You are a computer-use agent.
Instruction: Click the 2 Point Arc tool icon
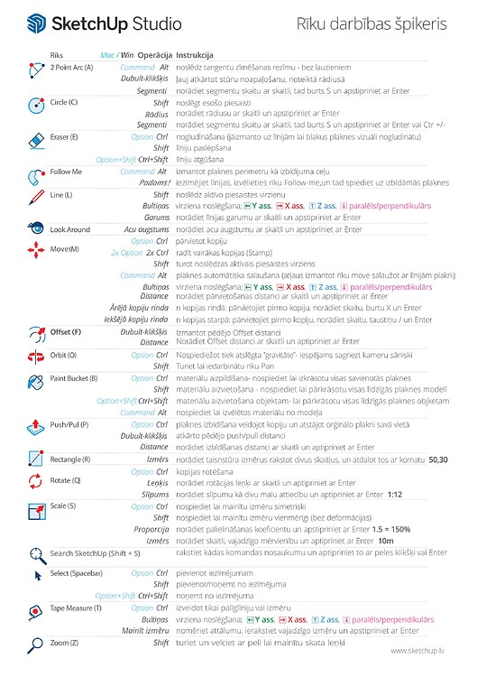point(36,71)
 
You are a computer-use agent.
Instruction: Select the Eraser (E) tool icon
point(36,141)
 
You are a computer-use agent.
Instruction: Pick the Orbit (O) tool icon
point(36,358)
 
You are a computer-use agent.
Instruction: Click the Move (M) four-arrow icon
point(36,249)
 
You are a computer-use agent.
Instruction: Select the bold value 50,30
point(437,459)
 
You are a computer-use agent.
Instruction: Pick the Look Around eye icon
point(36,228)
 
